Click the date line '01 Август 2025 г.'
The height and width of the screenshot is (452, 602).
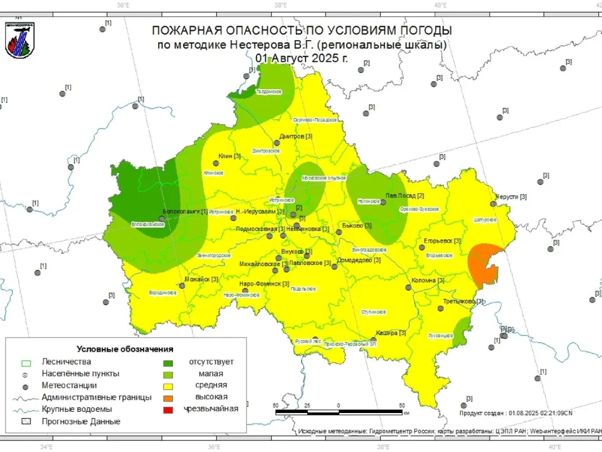pos(301,58)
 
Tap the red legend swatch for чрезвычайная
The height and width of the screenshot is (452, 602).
pos(168,409)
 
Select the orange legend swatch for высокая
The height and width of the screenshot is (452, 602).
pos(168,397)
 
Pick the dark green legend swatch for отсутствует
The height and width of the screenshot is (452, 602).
pos(168,362)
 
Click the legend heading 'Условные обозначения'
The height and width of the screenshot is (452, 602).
pos(125,348)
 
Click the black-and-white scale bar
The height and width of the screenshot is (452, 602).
pos(339,412)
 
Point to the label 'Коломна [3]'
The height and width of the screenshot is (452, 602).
pos(428,281)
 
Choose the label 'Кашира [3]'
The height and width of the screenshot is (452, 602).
pos(391,333)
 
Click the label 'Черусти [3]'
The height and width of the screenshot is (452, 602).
pos(510,196)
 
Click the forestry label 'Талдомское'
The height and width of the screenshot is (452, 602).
pos(270,92)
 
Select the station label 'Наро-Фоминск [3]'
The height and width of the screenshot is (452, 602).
pos(264,284)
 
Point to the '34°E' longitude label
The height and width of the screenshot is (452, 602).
pos(46,448)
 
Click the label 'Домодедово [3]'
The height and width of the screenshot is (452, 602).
pos(360,260)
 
